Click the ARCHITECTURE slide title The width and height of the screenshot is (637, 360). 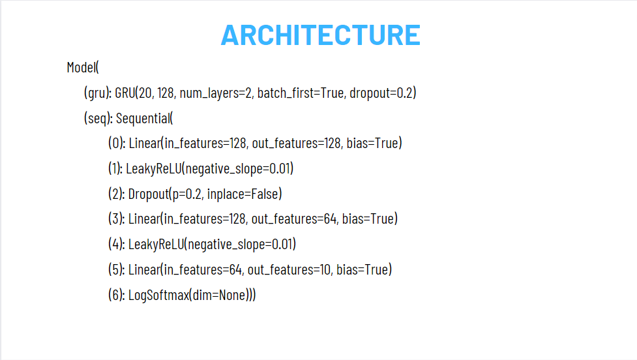[320, 35]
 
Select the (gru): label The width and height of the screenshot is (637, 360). [97, 93]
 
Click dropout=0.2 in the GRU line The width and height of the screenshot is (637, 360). [381, 93]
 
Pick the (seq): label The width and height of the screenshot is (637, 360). [98, 118]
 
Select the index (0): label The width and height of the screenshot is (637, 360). [117, 143]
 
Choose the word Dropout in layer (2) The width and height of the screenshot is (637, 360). [147, 194]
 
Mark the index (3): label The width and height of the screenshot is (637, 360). [117, 218]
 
